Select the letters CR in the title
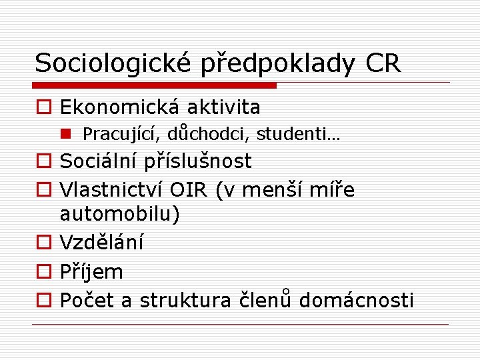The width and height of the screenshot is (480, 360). [383, 64]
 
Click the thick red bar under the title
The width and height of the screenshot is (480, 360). [155, 85]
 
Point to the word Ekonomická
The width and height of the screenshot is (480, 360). [120, 107]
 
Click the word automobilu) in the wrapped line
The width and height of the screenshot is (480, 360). [120, 215]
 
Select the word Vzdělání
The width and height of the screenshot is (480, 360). [101, 243]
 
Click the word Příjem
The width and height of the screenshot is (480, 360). [91, 272]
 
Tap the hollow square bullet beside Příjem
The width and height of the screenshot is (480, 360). [43, 272]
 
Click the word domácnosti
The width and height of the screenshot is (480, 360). [356, 301]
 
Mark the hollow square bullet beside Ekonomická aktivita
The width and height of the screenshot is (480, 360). [43, 107]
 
